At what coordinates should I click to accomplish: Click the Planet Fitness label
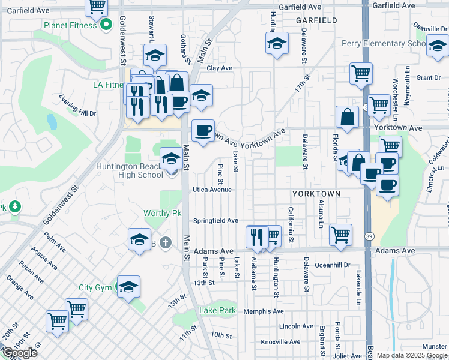pos(70,26)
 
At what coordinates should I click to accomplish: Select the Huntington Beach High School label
pos(130,170)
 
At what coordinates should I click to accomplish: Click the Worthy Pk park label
pos(162,214)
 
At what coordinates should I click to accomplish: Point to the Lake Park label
pos(218,311)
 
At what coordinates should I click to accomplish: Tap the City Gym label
pos(95,287)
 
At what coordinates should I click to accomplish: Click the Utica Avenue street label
pos(212,190)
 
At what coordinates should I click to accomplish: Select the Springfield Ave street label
pos(215,221)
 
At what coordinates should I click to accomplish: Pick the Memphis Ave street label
pos(264,311)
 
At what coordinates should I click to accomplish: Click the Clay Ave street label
pos(219,68)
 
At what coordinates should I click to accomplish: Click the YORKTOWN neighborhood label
pos(316,194)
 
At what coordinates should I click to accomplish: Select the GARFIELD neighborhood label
pos(316,20)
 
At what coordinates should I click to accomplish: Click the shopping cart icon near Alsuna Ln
pos(341,235)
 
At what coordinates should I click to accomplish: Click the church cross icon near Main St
pos(166,243)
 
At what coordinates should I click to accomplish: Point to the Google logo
pos(20,353)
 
